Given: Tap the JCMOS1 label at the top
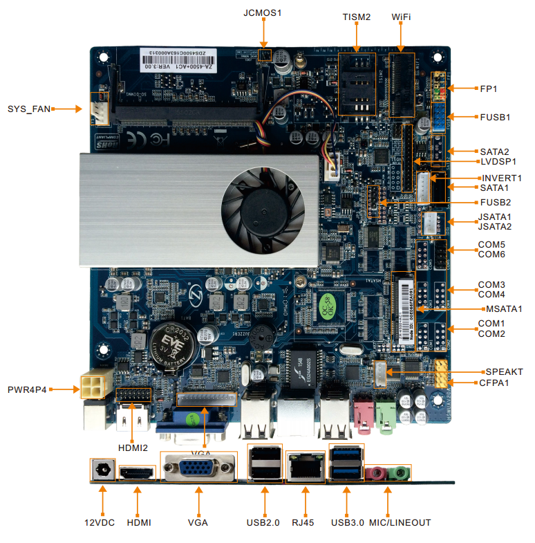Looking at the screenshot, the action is pyautogui.click(x=263, y=13).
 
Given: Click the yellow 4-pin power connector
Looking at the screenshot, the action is pyautogui.click(x=93, y=385).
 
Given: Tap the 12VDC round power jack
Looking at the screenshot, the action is pyautogui.click(x=103, y=470).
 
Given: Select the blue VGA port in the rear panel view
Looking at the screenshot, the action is pyautogui.click(x=198, y=472).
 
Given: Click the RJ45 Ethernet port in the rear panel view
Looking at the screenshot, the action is pyautogui.click(x=305, y=467).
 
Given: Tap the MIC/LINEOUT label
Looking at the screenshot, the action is pyautogui.click(x=400, y=522).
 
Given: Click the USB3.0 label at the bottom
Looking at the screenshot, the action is pyautogui.click(x=347, y=522).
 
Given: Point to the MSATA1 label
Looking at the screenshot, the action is pyautogui.click(x=503, y=309).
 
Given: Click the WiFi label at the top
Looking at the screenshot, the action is pyautogui.click(x=401, y=17).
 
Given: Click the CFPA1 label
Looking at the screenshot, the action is pyautogui.click(x=495, y=383).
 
